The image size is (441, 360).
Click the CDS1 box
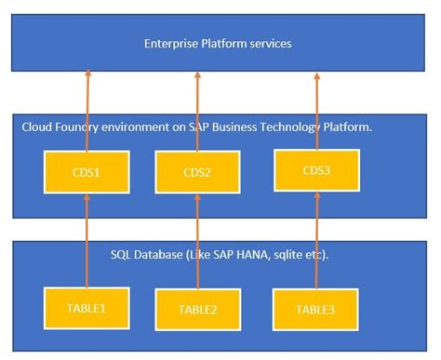86,174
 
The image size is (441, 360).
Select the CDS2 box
197,174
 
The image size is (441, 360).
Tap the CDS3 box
316,170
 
